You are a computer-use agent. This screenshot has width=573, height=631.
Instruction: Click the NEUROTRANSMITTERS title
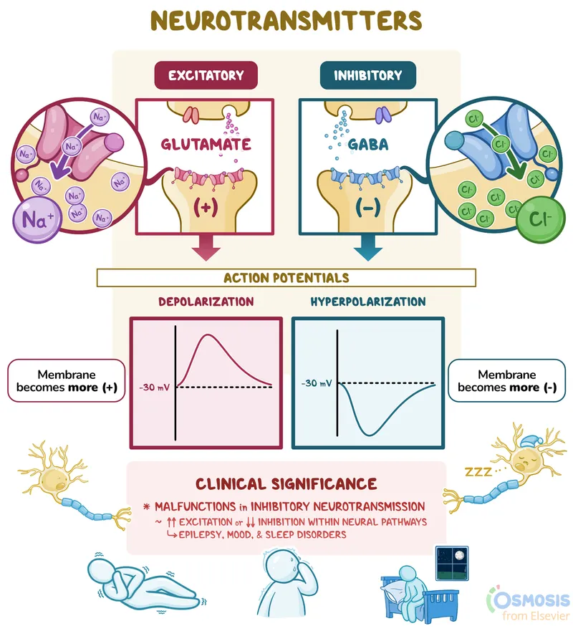[286, 21]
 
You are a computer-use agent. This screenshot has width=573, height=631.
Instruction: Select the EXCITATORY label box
[206, 75]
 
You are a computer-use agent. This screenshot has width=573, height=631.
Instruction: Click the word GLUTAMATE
[205, 144]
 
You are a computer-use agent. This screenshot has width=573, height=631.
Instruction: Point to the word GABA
[367, 145]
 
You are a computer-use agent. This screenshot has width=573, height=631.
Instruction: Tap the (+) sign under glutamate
[206, 208]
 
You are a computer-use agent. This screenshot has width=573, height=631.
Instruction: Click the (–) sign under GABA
[367, 208]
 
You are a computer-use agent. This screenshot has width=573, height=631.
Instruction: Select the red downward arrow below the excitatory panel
[206, 248]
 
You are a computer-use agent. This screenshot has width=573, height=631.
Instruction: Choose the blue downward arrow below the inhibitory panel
[367, 248]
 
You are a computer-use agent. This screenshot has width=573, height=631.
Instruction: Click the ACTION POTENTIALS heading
[286, 277]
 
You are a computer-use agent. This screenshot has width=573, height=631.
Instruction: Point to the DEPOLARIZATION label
[206, 302]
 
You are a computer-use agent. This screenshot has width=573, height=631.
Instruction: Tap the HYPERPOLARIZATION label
[367, 302]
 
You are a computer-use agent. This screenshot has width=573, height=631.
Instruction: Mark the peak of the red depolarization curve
[208, 335]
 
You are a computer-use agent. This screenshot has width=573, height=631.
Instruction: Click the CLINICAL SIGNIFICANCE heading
[286, 484]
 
